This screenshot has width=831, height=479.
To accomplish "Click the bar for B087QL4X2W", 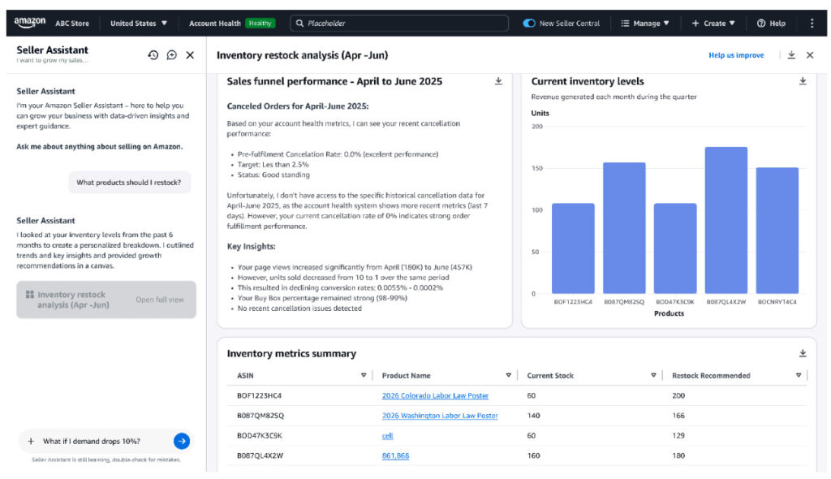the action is [x=726, y=220].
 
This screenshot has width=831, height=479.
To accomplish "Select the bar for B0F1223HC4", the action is [x=573, y=248].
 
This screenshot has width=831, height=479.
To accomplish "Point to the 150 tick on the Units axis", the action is [x=537, y=168].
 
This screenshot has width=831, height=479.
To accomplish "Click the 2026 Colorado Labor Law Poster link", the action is [x=435, y=395].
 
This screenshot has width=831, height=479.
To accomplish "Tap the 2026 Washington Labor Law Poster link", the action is [x=440, y=416].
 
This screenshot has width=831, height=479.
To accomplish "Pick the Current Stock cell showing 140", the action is [x=533, y=416].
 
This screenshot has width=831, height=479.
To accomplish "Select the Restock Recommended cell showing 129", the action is [x=678, y=435].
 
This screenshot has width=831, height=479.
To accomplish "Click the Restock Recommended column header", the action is [x=711, y=376].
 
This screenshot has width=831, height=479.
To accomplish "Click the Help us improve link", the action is [x=736, y=55].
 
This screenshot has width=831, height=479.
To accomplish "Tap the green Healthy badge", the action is [x=260, y=24].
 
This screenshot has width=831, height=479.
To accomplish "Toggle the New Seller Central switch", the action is [x=529, y=24].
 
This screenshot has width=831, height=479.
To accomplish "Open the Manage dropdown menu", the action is [x=645, y=24].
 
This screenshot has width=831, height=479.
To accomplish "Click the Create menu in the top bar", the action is [x=713, y=24].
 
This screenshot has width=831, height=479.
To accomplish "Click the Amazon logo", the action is [x=30, y=22].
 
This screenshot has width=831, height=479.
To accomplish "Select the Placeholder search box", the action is [x=399, y=24].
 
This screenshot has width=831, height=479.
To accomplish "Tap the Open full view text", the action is [x=160, y=300].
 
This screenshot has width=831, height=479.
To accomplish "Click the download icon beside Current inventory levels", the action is [x=803, y=81].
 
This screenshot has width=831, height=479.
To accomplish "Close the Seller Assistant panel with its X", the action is [x=190, y=55].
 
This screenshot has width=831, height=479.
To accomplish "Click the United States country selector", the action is [x=139, y=24].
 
